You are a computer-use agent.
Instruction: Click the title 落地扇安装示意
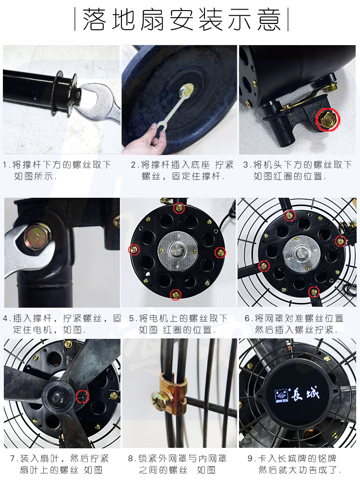pyautogui.click(x=181, y=20)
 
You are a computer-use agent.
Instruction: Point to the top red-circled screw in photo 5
pyautogui.click(x=179, y=208)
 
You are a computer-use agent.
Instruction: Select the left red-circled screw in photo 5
pyautogui.click(x=134, y=250)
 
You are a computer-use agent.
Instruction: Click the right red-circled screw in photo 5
pyautogui.click(x=220, y=252)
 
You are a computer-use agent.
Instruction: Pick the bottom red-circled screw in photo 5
pyautogui.click(x=176, y=295)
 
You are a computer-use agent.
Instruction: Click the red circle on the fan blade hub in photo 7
pyautogui.click(x=83, y=397)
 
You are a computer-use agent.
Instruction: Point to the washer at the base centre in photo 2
pyautogui.click(x=187, y=90)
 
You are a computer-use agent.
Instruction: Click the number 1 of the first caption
pyautogui.click(x=5, y=165)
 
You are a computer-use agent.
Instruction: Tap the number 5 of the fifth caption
pyautogui.click(x=132, y=318)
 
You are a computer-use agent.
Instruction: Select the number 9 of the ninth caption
pyautogui.click(x=250, y=458)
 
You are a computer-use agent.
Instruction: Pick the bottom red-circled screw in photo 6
pyautogui.click(x=314, y=292)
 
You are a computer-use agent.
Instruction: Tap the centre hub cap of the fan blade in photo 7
pyautogui.click(x=57, y=398)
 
